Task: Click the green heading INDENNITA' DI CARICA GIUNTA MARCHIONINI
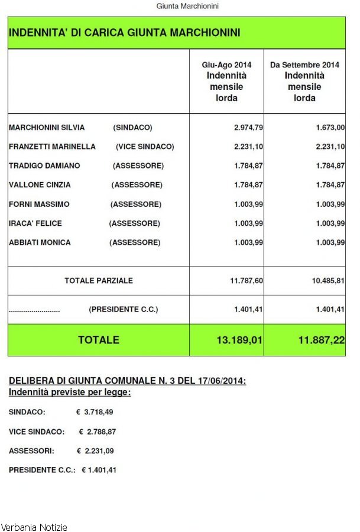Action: click(124, 33)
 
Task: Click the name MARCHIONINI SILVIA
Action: click(47, 128)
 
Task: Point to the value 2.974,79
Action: click(248, 128)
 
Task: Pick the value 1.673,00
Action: click(330, 128)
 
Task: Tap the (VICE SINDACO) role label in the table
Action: click(145, 147)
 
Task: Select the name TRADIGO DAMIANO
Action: click(44, 166)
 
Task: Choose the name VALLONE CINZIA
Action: click(40, 185)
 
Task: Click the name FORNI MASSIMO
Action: click(39, 205)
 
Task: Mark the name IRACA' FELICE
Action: click(35, 223)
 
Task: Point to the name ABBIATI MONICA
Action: click(40, 242)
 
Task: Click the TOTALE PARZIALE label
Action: click(99, 281)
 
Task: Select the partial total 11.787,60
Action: click(246, 281)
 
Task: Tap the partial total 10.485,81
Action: click(328, 281)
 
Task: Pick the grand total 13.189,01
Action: click(239, 340)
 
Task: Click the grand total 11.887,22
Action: click(322, 340)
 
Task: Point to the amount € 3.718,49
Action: click(95, 412)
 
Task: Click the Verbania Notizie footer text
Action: click(34, 527)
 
